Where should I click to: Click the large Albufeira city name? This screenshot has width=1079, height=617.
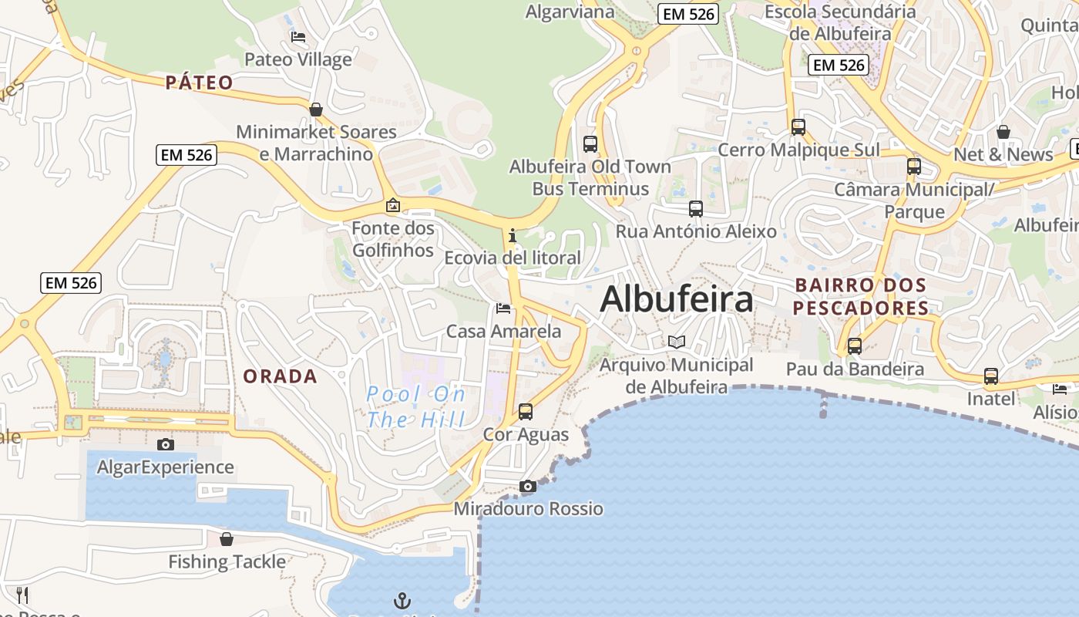tap(676, 299)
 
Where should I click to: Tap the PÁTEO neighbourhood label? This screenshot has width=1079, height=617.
tap(199, 83)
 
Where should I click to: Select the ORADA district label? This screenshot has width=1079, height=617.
tap(281, 376)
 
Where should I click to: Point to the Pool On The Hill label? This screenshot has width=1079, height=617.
tap(416, 407)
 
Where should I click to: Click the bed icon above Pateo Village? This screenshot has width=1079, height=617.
tap(298, 36)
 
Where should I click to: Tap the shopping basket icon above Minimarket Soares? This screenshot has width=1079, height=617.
tap(316, 110)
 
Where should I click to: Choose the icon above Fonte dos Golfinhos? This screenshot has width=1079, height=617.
tap(393, 205)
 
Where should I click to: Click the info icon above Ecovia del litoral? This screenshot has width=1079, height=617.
tap(512, 235)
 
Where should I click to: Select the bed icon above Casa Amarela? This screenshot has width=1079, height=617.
tap(503, 308)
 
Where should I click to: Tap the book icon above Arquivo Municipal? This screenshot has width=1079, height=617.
tap(676, 342)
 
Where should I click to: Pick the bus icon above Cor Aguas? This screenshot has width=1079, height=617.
tap(526, 411)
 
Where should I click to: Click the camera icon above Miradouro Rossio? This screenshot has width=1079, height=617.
tap(528, 486)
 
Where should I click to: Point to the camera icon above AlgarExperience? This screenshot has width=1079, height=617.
tap(165, 444)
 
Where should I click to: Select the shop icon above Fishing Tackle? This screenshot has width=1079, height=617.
tap(227, 538)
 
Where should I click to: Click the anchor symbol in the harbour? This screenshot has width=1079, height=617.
tap(402, 600)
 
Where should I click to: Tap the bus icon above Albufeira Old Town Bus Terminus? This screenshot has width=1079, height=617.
tap(590, 143)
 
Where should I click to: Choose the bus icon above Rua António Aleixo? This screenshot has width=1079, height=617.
tap(696, 208)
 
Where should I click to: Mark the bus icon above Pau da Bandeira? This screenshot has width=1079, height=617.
tap(855, 346)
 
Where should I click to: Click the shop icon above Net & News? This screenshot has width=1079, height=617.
tap(1003, 132)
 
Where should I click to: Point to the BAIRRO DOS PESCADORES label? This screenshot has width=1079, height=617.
tap(861, 297)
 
